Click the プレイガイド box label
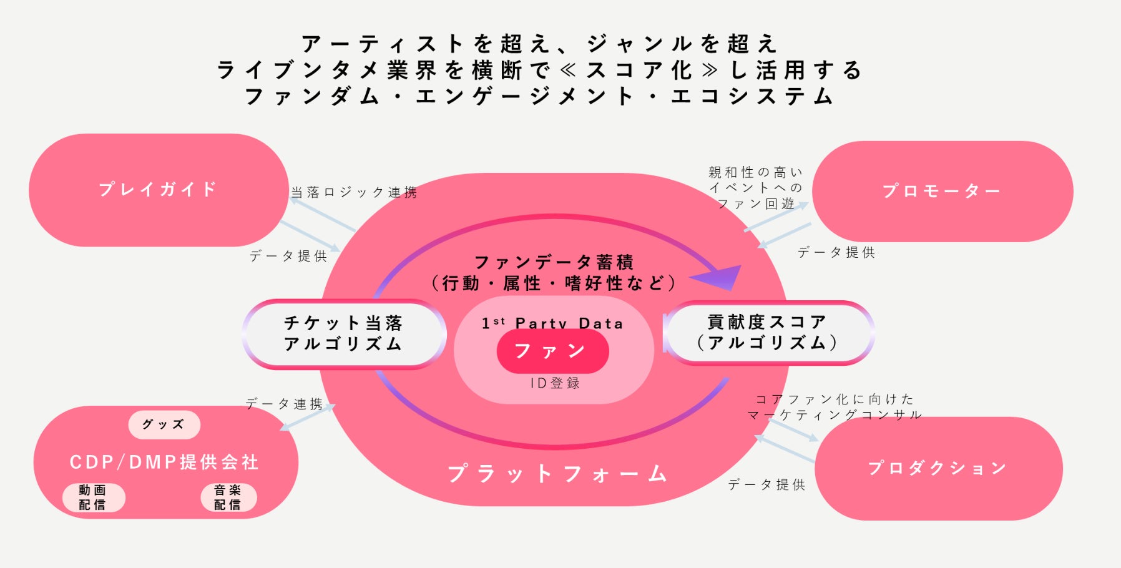(157, 189)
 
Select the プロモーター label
(941, 191)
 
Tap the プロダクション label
(937, 468)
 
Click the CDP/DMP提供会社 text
(164, 462)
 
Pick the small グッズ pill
(164, 424)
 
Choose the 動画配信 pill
(93, 497)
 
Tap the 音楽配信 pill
(228, 497)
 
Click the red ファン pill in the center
(552, 351)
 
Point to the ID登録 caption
(555, 383)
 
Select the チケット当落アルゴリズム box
(343, 333)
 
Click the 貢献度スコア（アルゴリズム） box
(768, 332)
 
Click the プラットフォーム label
(557, 474)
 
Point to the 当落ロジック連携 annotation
(354, 192)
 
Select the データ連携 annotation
(284, 404)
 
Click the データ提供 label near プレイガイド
(288, 256)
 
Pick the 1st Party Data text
(552, 323)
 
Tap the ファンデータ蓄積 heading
(554, 262)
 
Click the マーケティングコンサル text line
(834, 414)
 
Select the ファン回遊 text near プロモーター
(755, 203)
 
